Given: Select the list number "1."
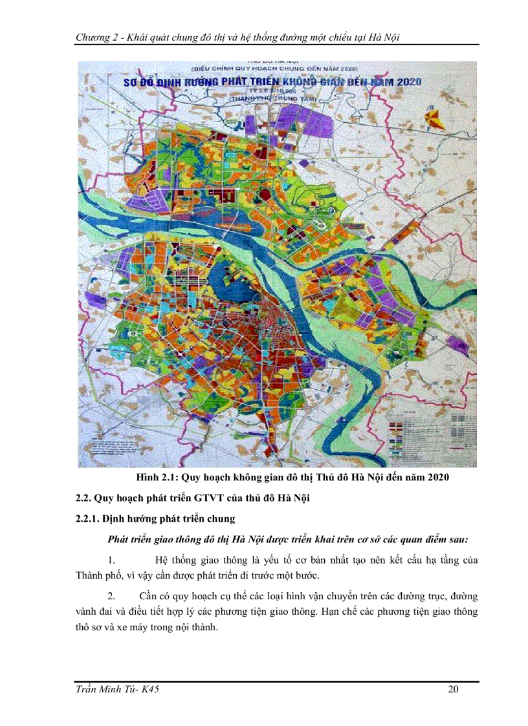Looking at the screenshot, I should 111,560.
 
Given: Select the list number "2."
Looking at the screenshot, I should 111,595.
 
